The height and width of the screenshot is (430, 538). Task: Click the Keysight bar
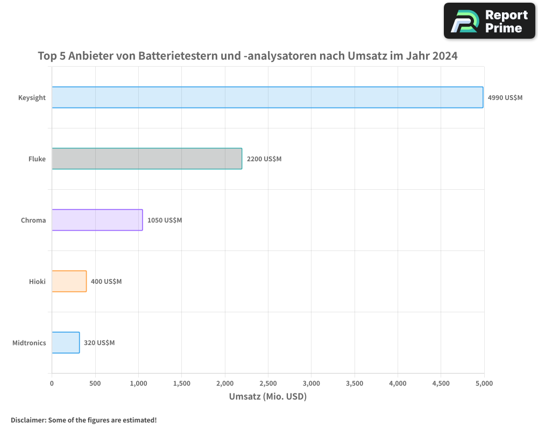tap(267, 97)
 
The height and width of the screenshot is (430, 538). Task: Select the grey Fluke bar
tap(147, 159)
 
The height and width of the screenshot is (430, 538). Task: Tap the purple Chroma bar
tap(97, 220)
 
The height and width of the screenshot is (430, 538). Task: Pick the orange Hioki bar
tap(69, 281)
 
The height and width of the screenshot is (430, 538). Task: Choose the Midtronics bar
tap(66, 342)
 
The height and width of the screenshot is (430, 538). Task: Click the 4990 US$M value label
tap(505, 98)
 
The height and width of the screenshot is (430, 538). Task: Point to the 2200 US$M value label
tap(264, 159)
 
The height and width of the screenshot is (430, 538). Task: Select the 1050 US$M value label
tap(165, 220)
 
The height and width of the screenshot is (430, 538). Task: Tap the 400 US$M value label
tap(106, 282)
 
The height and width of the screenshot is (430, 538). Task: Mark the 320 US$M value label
tap(99, 343)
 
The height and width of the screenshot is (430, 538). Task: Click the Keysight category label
tap(32, 98)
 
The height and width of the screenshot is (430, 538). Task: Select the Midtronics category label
tap(29, 343)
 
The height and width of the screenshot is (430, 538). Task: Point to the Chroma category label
tap(33, 220)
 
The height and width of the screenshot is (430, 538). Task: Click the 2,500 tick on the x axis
tap(268, 383)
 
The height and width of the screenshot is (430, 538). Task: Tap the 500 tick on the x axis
tap(95, 383)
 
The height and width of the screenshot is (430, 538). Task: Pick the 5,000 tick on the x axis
tap(484, 383)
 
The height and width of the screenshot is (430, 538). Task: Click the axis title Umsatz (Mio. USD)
tap(267, 397)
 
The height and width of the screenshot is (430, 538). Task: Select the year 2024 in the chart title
tap(444, 55)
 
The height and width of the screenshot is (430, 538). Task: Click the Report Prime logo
tap(489, 21)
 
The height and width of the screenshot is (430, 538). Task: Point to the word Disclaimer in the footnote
tap(28, 420)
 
